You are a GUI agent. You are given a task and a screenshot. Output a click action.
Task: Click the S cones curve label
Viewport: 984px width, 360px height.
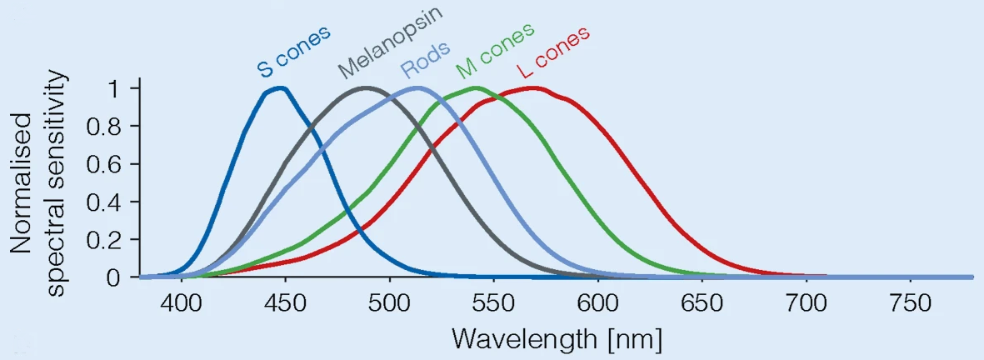click(294, 52)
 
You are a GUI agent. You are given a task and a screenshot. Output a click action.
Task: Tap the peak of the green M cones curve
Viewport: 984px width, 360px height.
click(476, 87)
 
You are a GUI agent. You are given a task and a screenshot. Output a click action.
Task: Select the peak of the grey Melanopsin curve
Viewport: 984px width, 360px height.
click(367, 87)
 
